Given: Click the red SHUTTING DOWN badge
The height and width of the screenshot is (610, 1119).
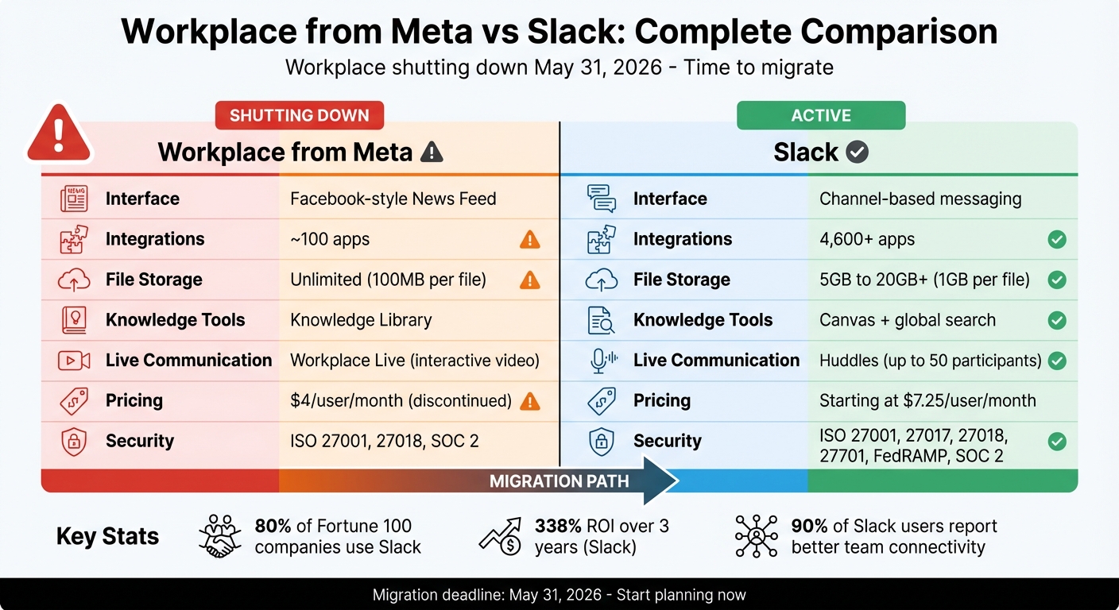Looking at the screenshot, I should pyautogui.click(x=299, y=115).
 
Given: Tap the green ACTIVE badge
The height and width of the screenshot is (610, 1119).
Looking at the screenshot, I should pyautogui.click(x=821, y=115).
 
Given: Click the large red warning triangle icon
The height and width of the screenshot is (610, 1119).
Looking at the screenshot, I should pyautogui.click(x=60, y=134).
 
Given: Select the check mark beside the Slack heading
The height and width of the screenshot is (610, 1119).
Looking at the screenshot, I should pyautogui.click(x=857, y=152).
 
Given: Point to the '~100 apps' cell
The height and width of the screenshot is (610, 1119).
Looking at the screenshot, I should pyautogui.click(x=330, y=239).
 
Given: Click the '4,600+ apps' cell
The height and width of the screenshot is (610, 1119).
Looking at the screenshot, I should pyautogui.click(x=867, y=239).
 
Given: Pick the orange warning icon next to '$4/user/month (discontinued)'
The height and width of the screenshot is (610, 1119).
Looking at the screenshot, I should pyautogui.click(x=529, y=401).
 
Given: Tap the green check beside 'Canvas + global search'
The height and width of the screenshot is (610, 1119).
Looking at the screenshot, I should pyautogui.click(x=1056, y=320).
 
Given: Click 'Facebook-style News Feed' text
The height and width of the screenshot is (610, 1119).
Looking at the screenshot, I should pyautogui.click(x=393, y=199).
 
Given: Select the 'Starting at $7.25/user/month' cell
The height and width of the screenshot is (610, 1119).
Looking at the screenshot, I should pyautogui.click(x=927, y=400).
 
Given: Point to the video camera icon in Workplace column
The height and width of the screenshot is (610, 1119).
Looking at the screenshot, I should pyautogui.click(x=74, y=361).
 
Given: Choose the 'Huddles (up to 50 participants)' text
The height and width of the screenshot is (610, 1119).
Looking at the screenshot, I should pyautogui.click(x=930, y=361).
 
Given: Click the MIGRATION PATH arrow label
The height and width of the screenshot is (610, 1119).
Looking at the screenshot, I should pyautogui.click(x=559, y=481).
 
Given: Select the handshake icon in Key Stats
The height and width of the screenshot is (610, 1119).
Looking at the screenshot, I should pyautogui.click(x=219, y=535).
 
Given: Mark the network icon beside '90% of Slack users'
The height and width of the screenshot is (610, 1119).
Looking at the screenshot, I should pyautogui.click(x=755, y=535).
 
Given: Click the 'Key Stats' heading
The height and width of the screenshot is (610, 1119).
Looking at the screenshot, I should pyautogui.click(x=107, y=536).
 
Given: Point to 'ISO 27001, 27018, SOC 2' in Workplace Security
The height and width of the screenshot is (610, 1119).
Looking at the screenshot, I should pyautogui.click(x=385, y=441).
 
